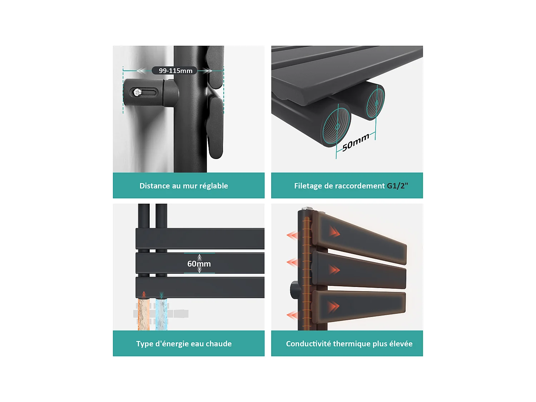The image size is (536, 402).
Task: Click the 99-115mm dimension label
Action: click(175, 71)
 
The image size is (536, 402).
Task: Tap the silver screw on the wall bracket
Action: click(138, 92)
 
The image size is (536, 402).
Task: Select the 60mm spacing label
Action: click(199, 264)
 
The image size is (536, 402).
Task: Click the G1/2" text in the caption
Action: click(398, 186)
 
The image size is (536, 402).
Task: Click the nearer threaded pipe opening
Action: click(337, 126)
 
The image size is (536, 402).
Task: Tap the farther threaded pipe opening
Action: click(376, 103)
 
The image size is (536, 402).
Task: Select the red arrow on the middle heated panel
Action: click(334, 270)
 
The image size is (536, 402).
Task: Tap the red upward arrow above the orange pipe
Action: click(144, 294)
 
